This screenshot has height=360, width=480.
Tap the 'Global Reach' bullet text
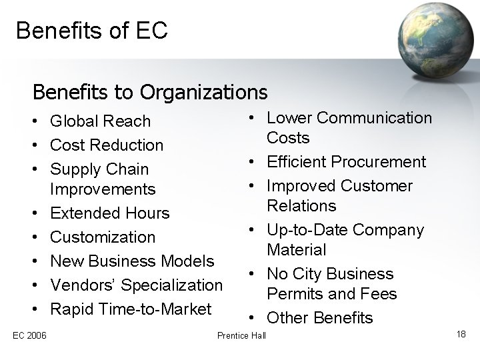[x=101, y=121]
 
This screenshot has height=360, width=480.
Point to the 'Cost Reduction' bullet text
[x=107, y=145]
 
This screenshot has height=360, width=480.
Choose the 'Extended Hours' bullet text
[x=110, y=213]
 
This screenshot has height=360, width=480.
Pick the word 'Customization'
[x=103, y=237]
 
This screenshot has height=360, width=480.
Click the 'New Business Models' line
[x=132, y=261]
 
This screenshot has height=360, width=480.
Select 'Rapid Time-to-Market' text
[x=131, y=309]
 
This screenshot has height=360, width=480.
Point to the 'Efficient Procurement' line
[x=346, y=161]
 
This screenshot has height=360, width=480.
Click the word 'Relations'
[x=301, y=205]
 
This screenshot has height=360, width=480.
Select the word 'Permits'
[x=296, y=293]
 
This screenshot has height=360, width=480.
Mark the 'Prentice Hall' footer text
[x=241, y=334]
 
